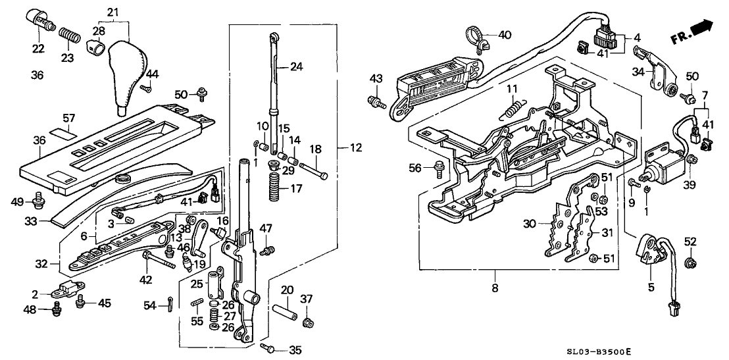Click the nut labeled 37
tap(307, 322)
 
